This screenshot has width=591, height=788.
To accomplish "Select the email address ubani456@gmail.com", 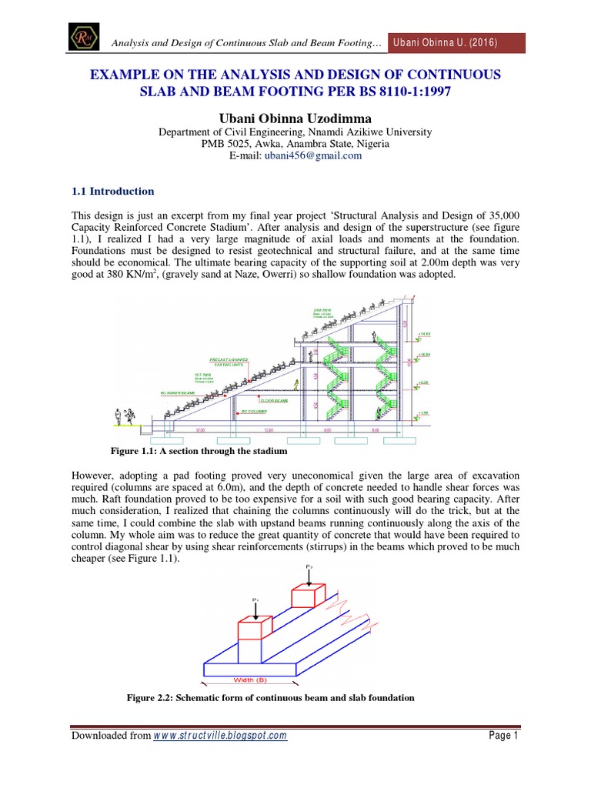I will click(302, 155).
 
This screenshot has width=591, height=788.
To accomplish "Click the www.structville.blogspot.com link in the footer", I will click(220, 736).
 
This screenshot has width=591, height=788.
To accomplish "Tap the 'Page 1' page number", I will click(505, 736).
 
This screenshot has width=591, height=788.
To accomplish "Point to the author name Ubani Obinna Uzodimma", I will click(295, 117).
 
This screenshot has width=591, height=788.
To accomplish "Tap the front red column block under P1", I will click(255, 629).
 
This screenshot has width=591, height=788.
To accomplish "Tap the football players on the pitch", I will click(124, 416).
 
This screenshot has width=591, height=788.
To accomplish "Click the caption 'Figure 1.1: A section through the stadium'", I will click(199, 450).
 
